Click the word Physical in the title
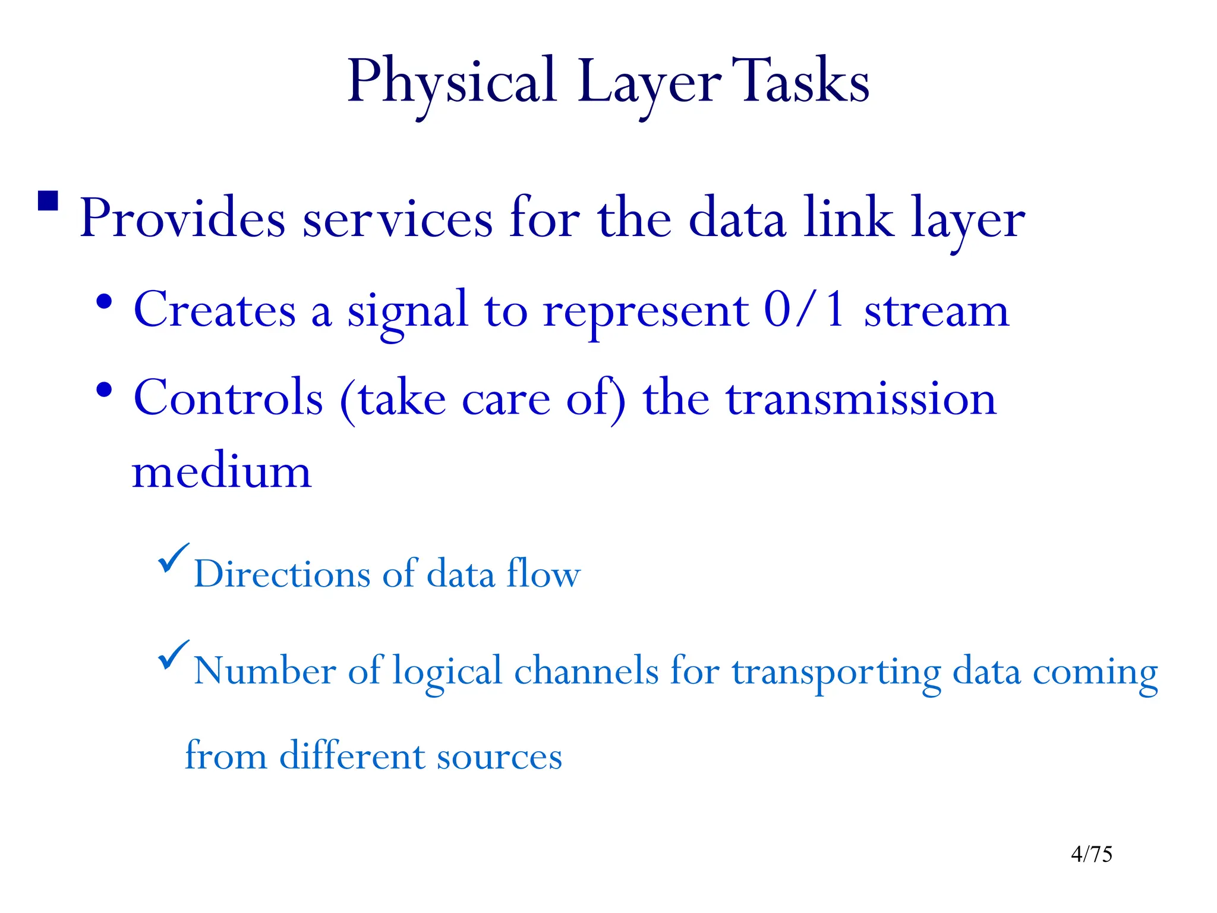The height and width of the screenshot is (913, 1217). point(452,82)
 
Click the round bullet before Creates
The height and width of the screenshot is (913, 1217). point(105,301)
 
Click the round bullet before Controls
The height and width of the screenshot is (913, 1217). point(105,391)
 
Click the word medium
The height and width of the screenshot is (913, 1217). point(222,472)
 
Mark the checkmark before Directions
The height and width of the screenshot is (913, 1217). point(173,558)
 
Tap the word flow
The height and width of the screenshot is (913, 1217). point(543,574)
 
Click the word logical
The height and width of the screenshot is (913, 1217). point(447,672)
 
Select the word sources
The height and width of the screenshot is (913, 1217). point(499,756)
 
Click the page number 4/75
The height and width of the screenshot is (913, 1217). point(1091,854)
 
